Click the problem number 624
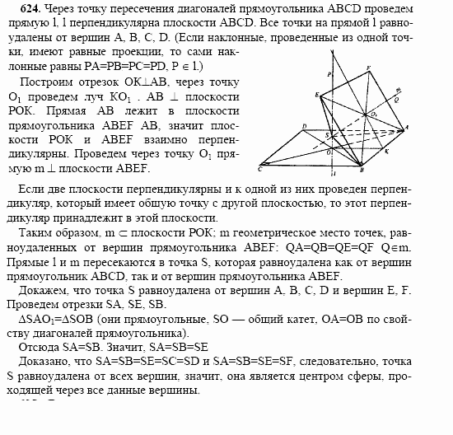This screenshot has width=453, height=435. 16,9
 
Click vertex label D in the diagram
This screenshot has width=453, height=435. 305,125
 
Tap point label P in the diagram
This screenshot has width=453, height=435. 329,74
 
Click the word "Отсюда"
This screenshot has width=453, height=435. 38,347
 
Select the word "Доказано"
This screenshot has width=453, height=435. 45,360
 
